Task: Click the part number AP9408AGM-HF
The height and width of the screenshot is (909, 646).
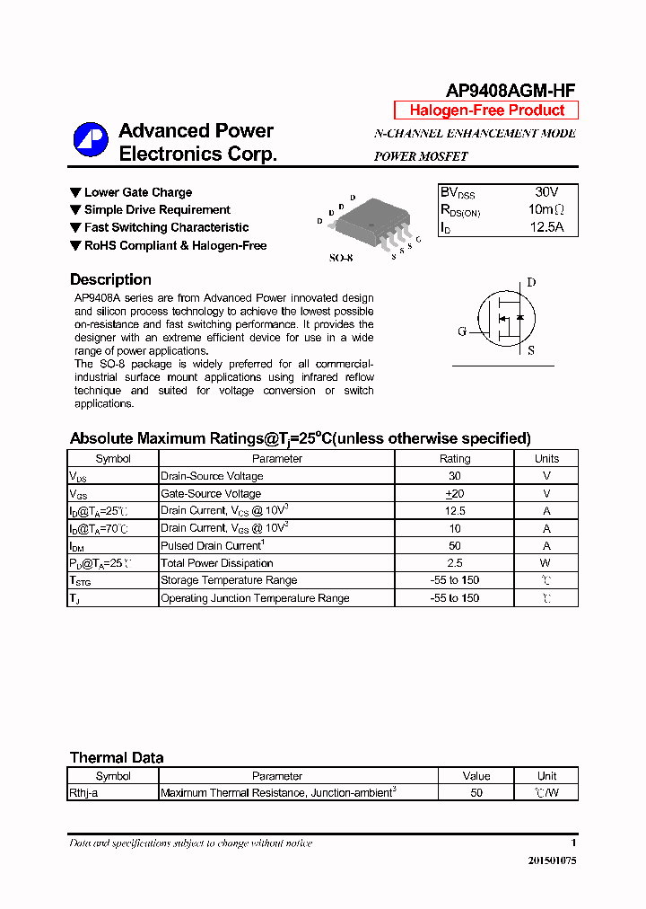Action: coord(511,89)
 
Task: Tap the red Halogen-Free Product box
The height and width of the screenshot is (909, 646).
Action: coord(486,110)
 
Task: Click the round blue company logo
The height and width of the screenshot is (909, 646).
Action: coord(91,139)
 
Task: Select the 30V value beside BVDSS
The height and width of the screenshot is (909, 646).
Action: coord(546,192)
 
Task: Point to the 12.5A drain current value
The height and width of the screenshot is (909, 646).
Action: coord(546,227)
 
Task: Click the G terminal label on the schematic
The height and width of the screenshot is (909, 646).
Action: coord(462,331)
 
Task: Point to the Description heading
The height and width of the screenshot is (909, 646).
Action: coord(110,279)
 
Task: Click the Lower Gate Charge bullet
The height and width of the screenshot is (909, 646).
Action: coord(137,192)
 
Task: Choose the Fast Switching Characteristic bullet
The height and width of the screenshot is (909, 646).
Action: coord(166,227)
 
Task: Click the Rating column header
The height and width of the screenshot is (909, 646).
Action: coord(454,458)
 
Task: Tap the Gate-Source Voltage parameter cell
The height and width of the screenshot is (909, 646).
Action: coord(211,493)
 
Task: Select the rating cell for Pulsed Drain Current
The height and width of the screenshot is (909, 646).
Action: coord(454,545)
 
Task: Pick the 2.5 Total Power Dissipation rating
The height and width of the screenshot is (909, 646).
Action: coord(454,563)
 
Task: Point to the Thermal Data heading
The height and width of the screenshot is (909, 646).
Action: coord(117,757)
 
